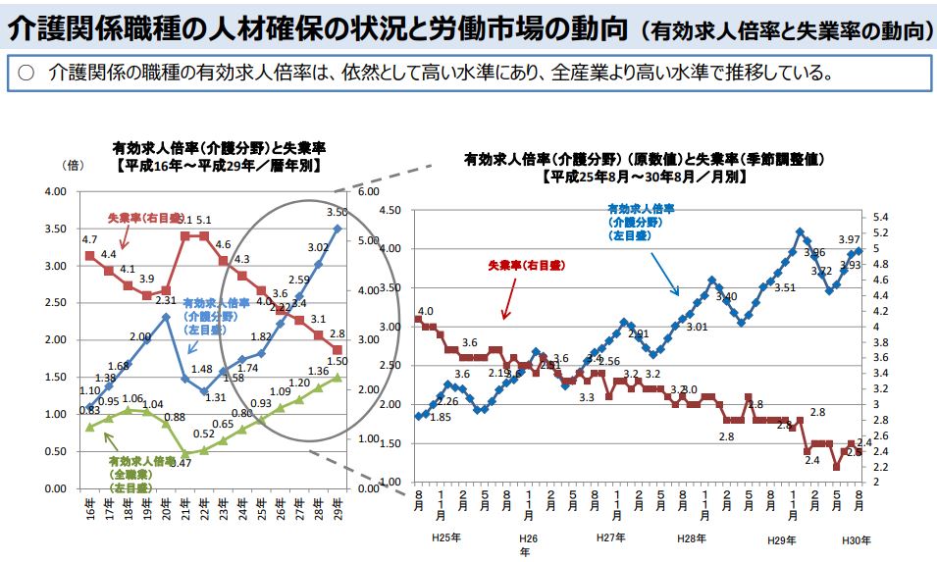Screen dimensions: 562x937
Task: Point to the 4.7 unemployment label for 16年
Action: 89,239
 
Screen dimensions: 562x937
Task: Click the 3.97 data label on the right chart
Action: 849,239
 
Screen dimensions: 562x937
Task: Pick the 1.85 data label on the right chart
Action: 440,417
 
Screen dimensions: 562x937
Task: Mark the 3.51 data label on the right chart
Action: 784,287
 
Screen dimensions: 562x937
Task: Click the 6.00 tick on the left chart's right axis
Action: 368,192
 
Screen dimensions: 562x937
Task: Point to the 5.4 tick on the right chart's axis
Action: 880,217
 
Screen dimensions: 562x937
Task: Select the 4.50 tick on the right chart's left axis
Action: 390,211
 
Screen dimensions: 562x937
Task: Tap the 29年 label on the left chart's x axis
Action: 338,510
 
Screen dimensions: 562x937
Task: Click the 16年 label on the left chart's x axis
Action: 89,510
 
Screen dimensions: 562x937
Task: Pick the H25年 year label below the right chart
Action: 446,539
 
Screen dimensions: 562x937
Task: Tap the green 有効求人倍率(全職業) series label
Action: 132,474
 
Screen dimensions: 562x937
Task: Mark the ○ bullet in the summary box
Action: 26,74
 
